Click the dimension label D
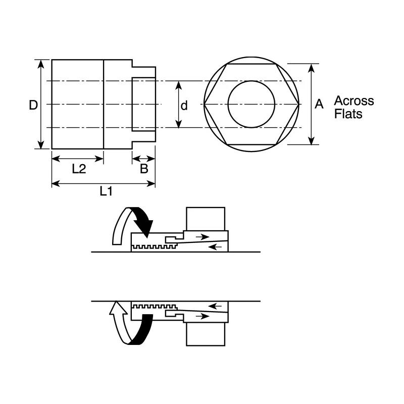click(x=33, y=105)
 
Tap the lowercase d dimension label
click(x=184, y=106)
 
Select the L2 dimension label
click(x=79, y=169)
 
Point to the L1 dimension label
click(x=106, y=191)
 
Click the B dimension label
click(x=144, y=169)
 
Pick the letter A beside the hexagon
click(x=319, y=104)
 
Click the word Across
click(x=354, y=100)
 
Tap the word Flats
click(x=348, y=114)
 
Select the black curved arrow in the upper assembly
click(x=143, y=219)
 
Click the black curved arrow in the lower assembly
click(x=142, y=329)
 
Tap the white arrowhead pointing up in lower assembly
click(x=117, y=309)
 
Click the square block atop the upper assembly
click(x=206, y=219)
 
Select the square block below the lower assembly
click(x=206, y=334)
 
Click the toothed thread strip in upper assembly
click(x=154, y=246)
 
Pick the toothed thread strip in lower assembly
click(x=154, y=307)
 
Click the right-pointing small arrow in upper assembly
click(x=203, y=236)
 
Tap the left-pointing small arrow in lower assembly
click(x=215, y=306)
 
